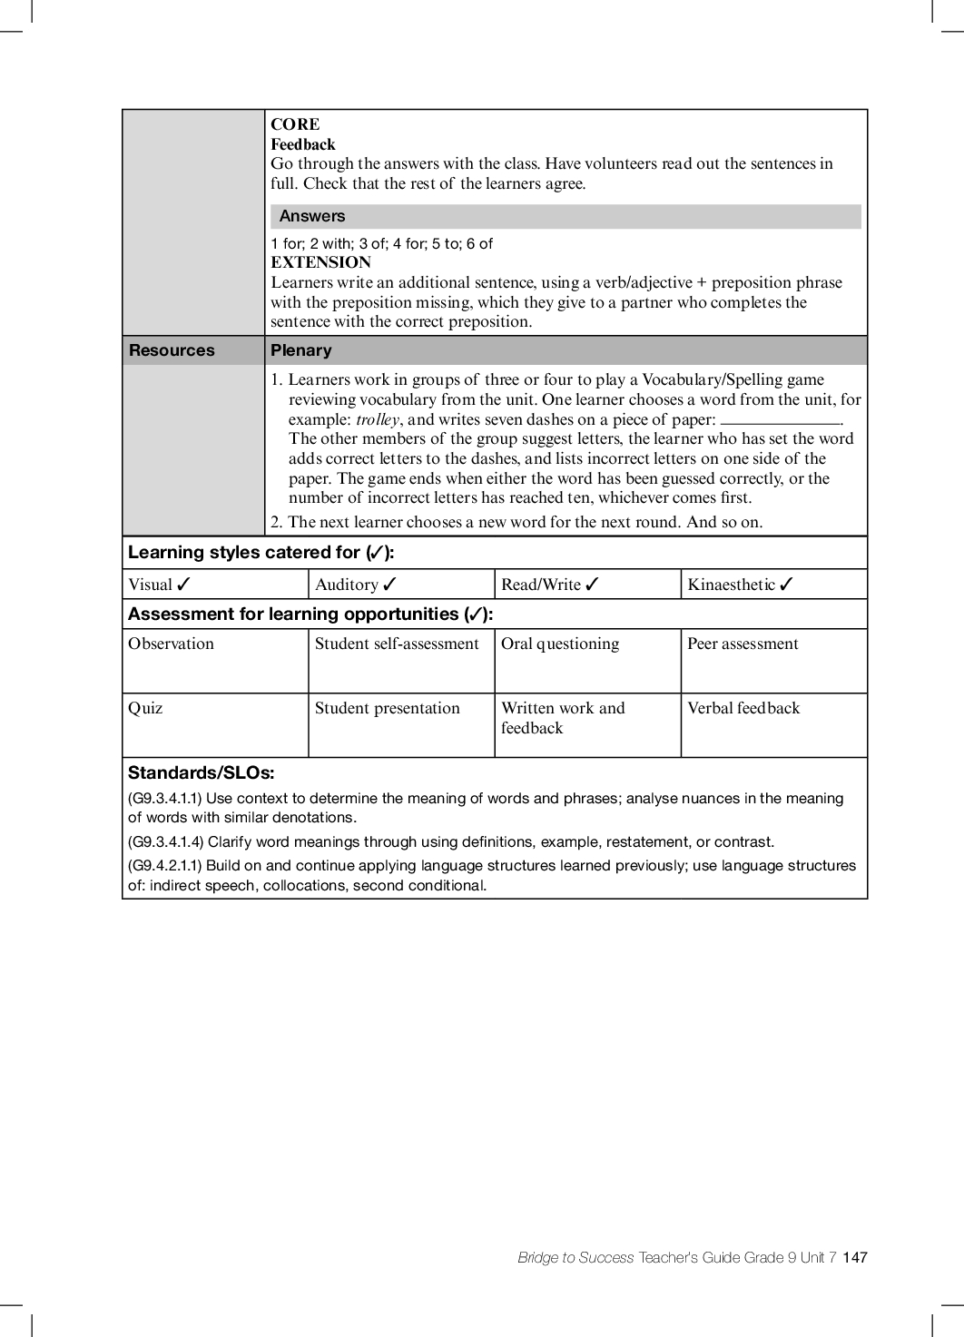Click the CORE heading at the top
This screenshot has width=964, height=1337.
click(x=295, y=124)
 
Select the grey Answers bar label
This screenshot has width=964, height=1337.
click(x=312, y=216)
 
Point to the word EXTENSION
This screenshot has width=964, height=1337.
click(x=320, y=262)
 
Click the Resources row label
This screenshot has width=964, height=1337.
click(x=172, y=350)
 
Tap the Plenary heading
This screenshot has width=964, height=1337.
click(x=301, y=350)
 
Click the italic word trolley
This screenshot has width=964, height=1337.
click(x=377, y=419)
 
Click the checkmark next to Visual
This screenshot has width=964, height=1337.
click(x=183, y=585)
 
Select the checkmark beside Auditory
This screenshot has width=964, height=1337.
click(x=389, y=585)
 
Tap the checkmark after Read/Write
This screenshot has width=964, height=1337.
click(x=592, y=585)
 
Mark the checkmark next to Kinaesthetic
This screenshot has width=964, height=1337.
click(x=786, y=585)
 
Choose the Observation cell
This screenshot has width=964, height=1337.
click(x=171, y=644)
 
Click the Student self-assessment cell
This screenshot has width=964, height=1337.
click(x=397, y=644)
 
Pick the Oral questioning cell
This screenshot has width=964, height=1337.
click(x=560, y=644)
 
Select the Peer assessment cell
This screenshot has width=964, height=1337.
click(x=743, y=644)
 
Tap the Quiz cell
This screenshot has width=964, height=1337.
click(x=145, y=708)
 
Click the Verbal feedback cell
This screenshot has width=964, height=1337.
click(x=743, y=708)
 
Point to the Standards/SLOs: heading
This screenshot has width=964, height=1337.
click(x=201, y=773)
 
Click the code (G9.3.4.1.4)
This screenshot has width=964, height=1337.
click(x=165, y=841)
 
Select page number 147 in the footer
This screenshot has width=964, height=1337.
click(x=855, y=1257)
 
